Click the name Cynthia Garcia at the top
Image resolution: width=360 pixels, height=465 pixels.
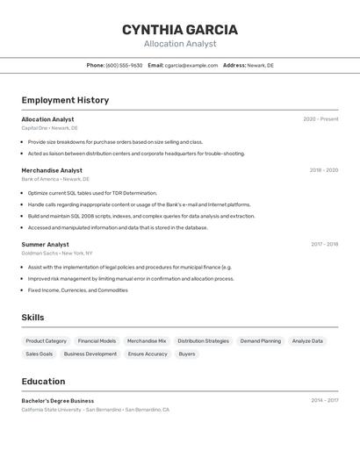(180, 29)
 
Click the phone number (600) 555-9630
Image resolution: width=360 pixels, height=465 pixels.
(124, 65)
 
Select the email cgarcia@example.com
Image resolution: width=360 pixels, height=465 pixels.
(191, 65)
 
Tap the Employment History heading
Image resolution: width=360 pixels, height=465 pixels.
(65, 100)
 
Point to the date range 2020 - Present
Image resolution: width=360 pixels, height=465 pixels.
(320, 119)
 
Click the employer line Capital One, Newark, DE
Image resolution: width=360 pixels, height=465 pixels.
(49, 128)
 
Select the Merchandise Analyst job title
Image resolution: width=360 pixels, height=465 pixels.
(52, 170)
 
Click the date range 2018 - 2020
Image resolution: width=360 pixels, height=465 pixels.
(323, 170)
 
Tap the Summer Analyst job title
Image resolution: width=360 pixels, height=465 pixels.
(45, 245)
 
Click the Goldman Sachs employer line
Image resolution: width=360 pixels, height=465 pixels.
(56, 253)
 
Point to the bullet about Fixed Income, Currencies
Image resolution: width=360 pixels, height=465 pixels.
(77, 290)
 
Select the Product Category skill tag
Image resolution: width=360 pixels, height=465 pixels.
(46, 340)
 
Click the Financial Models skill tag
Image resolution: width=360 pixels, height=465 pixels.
(97, 340)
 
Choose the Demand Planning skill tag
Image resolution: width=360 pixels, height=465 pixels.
(261, 340)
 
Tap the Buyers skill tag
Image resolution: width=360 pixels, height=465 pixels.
(187, 354)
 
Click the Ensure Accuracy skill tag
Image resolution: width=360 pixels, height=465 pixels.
(148, 354)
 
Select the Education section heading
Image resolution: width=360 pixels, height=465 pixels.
(43, 382)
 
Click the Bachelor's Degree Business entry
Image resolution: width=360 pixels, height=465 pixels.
(58, 401)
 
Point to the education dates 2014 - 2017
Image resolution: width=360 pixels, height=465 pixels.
(324, 400)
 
